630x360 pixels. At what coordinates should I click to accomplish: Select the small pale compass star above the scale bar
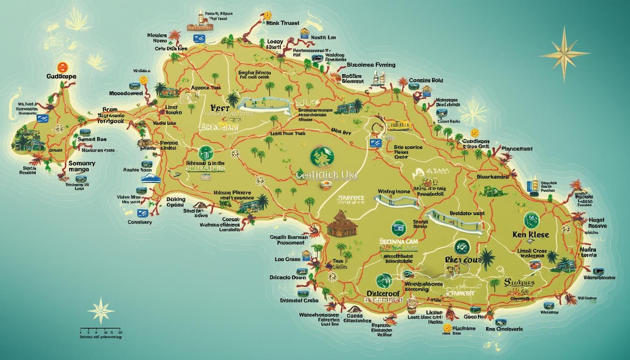click(101, 310)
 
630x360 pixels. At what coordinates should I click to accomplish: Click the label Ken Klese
click(531, 234)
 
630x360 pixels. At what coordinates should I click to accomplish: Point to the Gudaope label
click(61, 76)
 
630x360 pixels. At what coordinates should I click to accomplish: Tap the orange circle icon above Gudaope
click(62, 67)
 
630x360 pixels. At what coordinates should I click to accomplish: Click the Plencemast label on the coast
click(517, 149)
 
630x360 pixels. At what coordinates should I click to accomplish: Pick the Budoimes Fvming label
click(371, 65)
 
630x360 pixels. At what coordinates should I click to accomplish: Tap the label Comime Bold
click(426, 80)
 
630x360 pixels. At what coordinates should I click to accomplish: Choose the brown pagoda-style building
click(342, 224)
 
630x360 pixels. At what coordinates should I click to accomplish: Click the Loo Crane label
click(287, 259)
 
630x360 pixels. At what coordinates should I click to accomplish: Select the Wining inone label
click(393, 191)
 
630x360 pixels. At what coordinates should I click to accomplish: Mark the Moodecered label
click(126, 93)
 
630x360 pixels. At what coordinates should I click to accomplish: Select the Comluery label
click(139, 222)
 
